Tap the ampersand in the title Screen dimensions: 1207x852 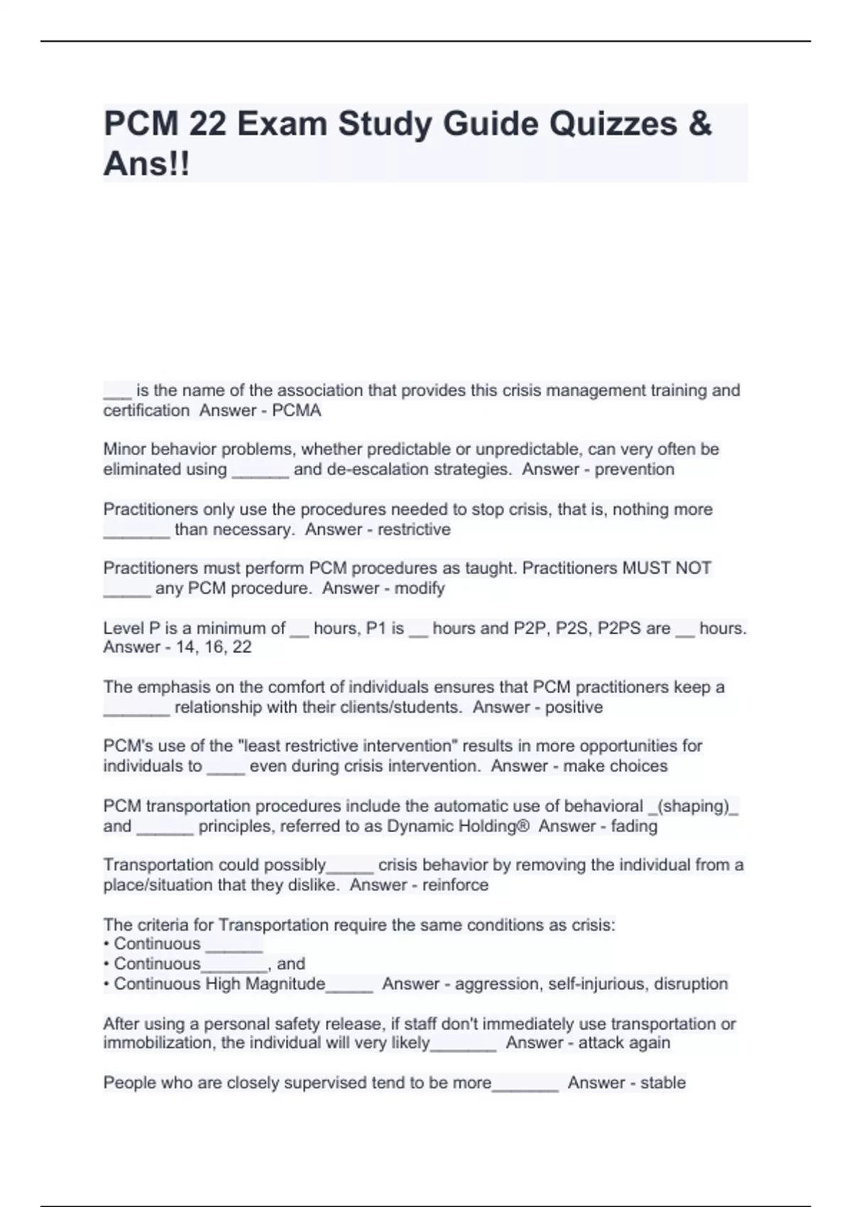point(699,124)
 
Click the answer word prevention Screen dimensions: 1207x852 point(634,469)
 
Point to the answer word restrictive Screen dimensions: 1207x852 point(414,530)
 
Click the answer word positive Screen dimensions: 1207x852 point(574,707)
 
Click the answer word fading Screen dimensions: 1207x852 point(634,826)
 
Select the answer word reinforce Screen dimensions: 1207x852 point(455,885)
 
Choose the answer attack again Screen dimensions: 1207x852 point(624,1043)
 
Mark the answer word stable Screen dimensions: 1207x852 point(662,1083)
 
